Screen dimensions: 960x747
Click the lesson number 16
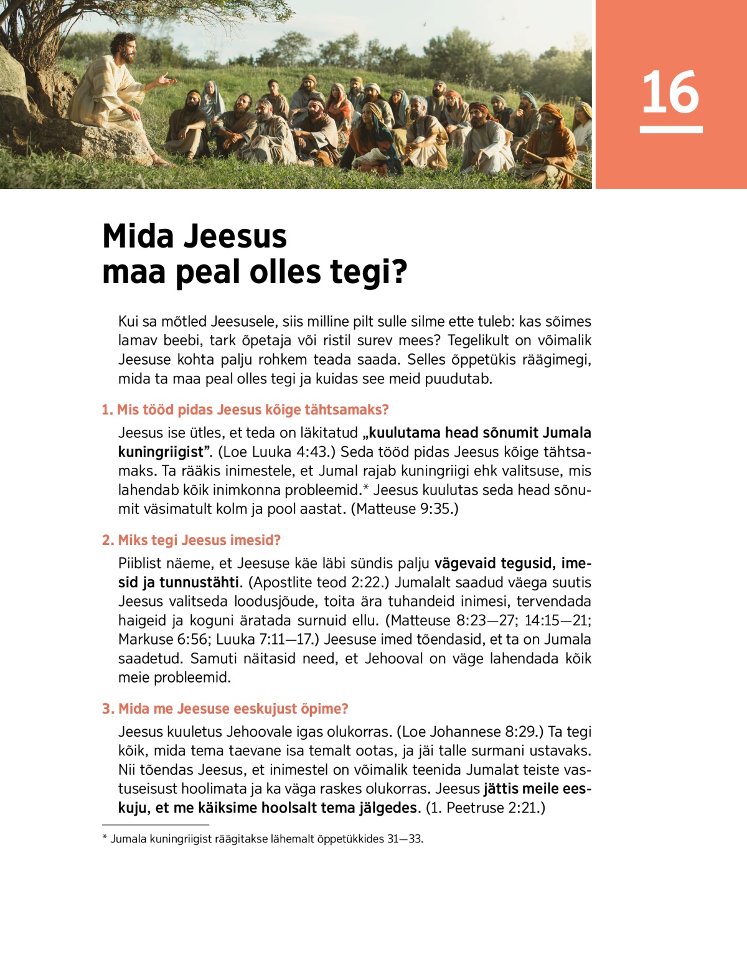click(x=670, y=92)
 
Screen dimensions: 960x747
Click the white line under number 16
click(x=671, y=129)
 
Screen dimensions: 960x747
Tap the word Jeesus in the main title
click(x=236, y=236)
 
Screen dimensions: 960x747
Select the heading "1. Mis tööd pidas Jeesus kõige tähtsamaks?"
click(x=245, y=409)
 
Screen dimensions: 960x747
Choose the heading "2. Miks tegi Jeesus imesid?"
click(x=191, y=540)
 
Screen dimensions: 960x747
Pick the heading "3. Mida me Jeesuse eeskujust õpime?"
click(x=225, y=709)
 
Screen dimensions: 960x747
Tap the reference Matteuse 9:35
click(x=405, y=509)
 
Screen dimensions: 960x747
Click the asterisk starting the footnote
click(x=105, y=838)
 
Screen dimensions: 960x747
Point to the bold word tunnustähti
click(x=199, y=582)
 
